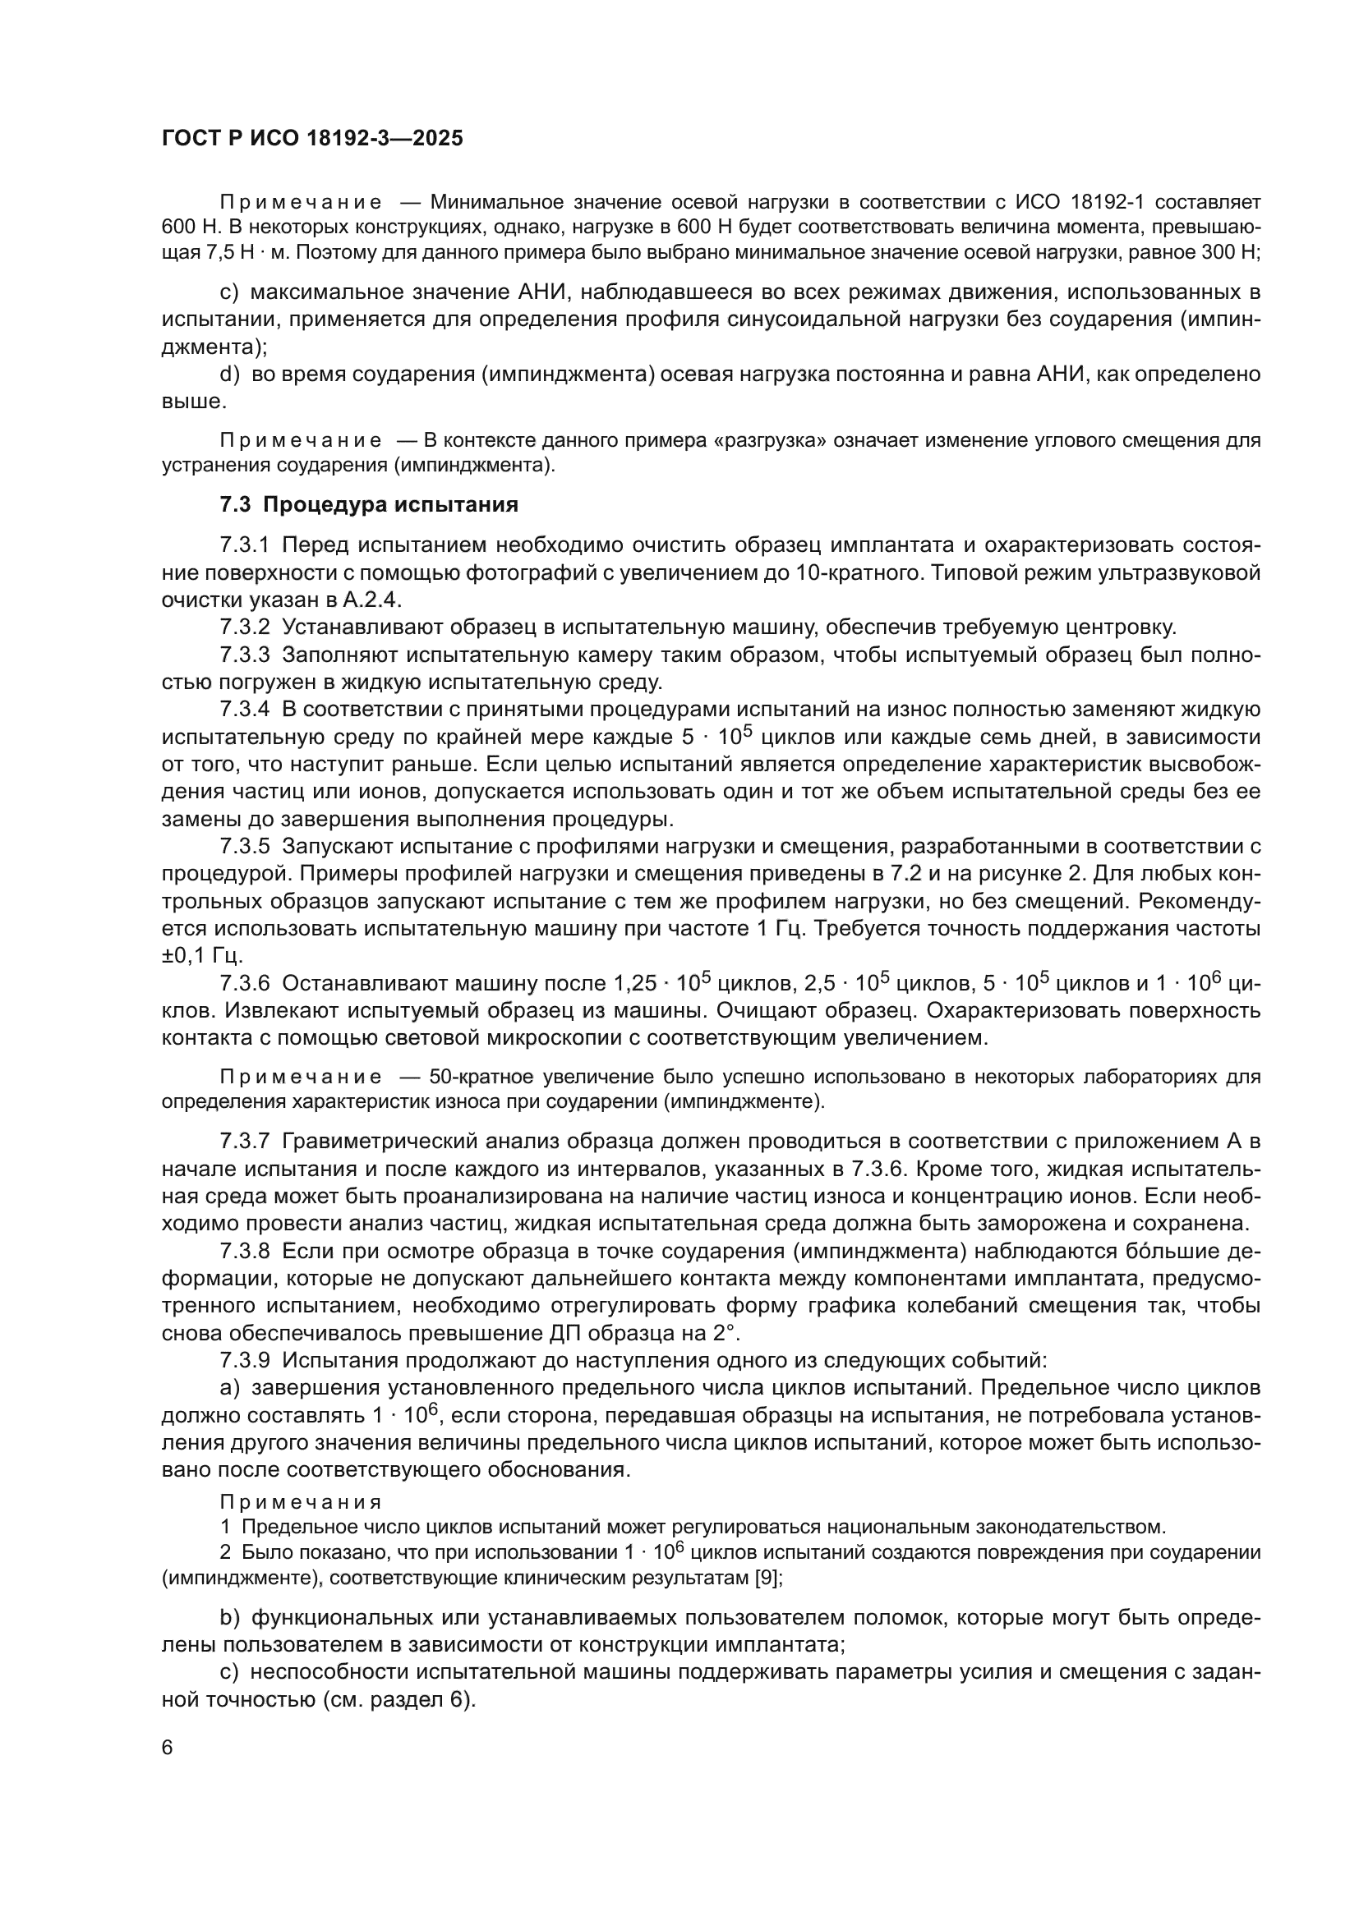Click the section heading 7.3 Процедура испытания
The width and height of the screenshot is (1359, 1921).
point(369,505)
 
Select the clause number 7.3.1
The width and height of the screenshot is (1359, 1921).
point(244,545)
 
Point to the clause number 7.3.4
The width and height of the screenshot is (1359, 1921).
point(244,710)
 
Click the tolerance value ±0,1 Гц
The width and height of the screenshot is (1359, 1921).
point(201,955)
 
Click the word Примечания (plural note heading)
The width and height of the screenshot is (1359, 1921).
point(301,1502)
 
